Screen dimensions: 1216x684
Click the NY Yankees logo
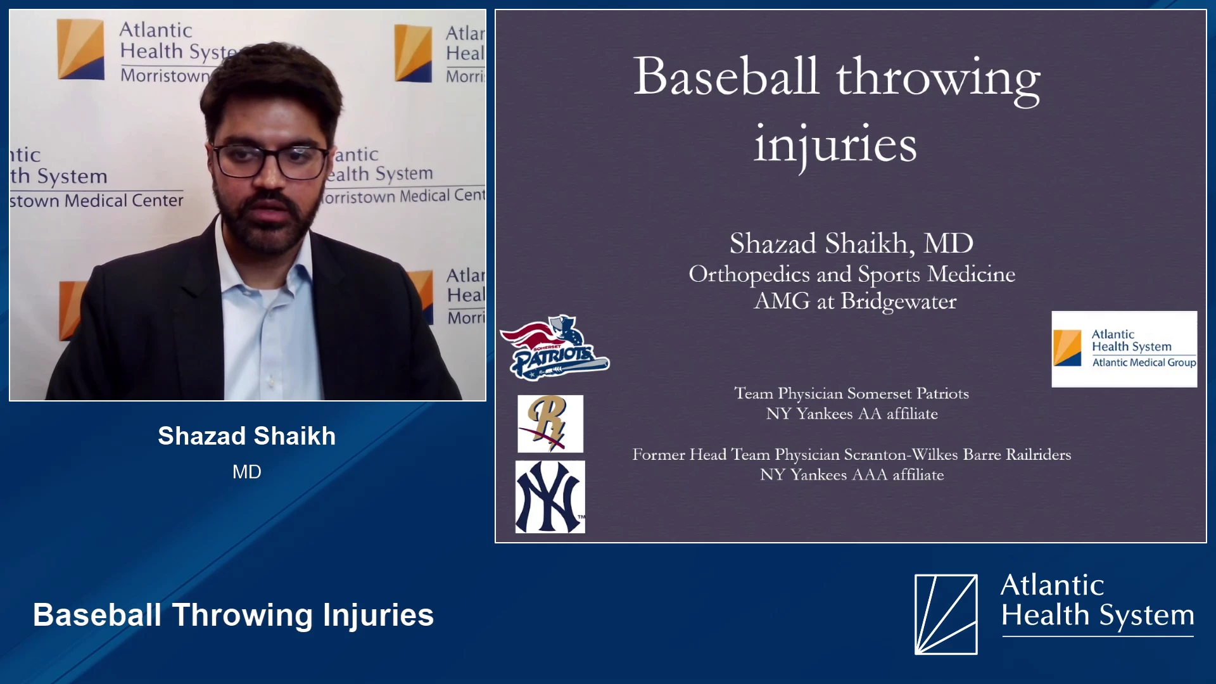click(x=550, y=497)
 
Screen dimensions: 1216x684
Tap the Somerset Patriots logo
click(x=554, y=348)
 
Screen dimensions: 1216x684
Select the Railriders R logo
click(x=550, y=424)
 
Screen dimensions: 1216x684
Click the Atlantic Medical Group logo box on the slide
click(x=1124, y=349)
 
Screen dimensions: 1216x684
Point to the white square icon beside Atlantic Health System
click(x=946, y=614)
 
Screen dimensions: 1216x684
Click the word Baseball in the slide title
click(x=726, y=77)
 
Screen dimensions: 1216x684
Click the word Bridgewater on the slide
click(x=898, y=302)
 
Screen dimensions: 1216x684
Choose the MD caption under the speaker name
click(x=247, y=472)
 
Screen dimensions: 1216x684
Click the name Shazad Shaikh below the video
click(x=247, y=436)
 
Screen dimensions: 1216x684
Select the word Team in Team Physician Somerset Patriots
click(x=754, y=393)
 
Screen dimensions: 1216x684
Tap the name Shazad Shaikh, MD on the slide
click(x=851, y=244)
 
